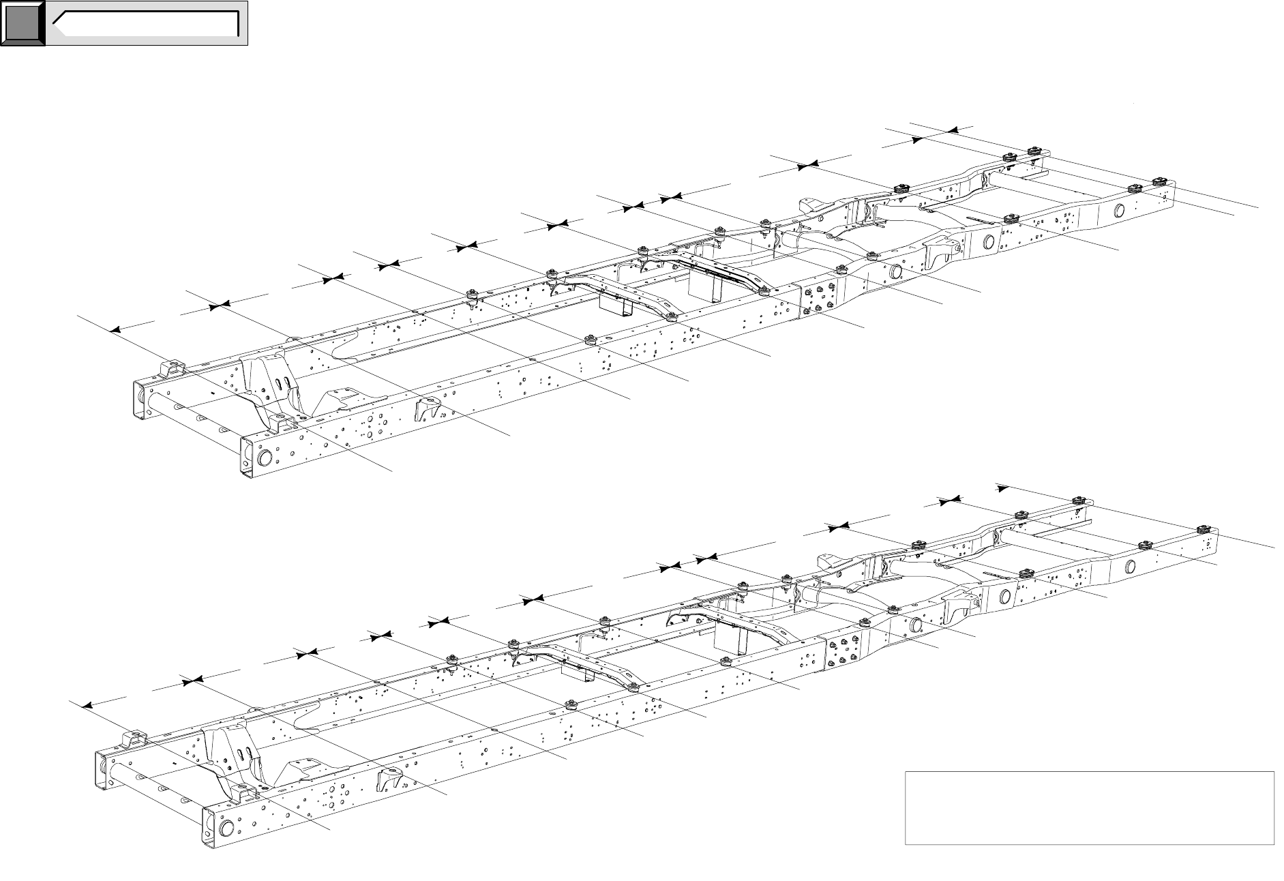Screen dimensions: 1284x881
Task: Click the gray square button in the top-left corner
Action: point(23,23)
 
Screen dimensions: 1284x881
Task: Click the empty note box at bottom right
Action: point(1089,807)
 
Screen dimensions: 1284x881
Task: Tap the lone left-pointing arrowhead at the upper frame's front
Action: point(115,329)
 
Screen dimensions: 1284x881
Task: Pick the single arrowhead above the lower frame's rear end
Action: point(1002,488)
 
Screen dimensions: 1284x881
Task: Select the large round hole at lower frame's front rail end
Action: point(226,829)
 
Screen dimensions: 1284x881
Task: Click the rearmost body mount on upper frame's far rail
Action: point(1034,151)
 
